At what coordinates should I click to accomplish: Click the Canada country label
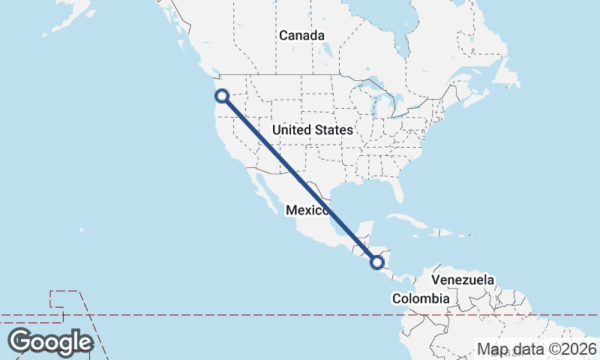pyautogui.click(x=301, y=35)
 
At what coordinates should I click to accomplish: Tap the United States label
pyautogui.click(x=312, y=130)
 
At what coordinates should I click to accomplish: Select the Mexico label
pyautogui.click(x=306, y=211)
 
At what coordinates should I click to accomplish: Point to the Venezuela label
pyautogui.click(x=463, y=280)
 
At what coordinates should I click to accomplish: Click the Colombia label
pyautogui.click(x=421, y=298)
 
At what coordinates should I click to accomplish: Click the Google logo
pyautogui.click(x=50, y=342)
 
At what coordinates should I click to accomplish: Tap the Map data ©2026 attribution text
pyautogui.click(x=537, y=349)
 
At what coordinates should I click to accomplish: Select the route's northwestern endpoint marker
pyautogui.click(x=221, y=95)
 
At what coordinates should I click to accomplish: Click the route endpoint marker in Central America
pyautogui.click(x=377, y=262)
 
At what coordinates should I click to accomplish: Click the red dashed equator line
pyautogui.click(x=225, y=315)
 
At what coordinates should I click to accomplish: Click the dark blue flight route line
pyautogui.click(x=300, y=179)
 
